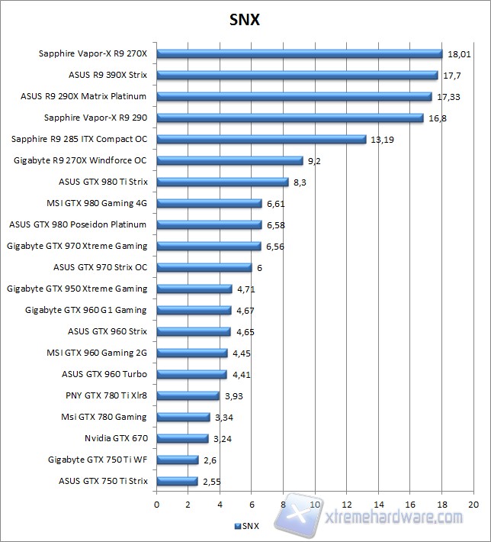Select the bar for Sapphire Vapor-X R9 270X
pyautogui.click(x=299, y=53)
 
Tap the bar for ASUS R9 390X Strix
pyautogui.click(x=297, y=75)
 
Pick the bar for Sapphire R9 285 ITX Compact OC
pyautogui.click(x=261, y=139)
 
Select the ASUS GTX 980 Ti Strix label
pyautogui.click(x=103, y=182)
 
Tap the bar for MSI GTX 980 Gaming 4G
pyautogui.click(x=209, y=203)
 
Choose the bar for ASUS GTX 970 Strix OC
pyautogui.click(x=204, y=267)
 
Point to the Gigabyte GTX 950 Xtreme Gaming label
pyautogui.click(x=77, y=289)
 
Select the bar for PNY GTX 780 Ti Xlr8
pyautogui.click(x=188, y=395)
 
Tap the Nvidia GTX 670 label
pyautogui.click(x=116, y=438)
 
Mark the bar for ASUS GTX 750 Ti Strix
pyautogui.click(x=177, y=481)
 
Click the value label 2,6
pyautogui.click(x=210, y=460)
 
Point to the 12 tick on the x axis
pyautogui.click(x=347, y=505)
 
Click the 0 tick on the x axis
pyautogui.click(x=157, y=505)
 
